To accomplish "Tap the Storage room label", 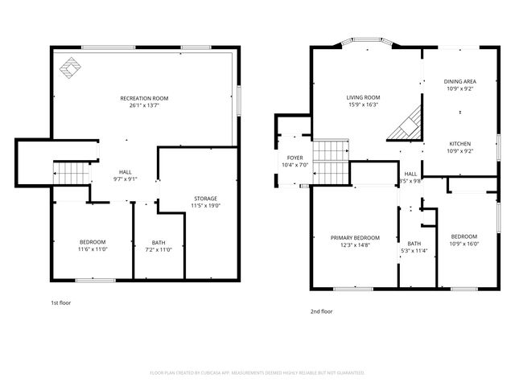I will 205,198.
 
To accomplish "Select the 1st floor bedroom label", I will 93,242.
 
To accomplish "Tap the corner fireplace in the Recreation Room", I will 72,71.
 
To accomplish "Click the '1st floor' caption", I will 60,302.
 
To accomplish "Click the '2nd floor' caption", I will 322,310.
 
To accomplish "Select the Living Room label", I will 363,97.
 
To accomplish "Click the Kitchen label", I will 459,143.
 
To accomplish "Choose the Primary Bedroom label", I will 355,237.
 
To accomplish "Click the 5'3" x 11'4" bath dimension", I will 414,251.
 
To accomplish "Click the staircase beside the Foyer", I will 332,152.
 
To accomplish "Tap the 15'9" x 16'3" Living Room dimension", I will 363,105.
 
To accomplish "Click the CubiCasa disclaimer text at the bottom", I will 257,373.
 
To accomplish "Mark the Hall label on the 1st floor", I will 126,171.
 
